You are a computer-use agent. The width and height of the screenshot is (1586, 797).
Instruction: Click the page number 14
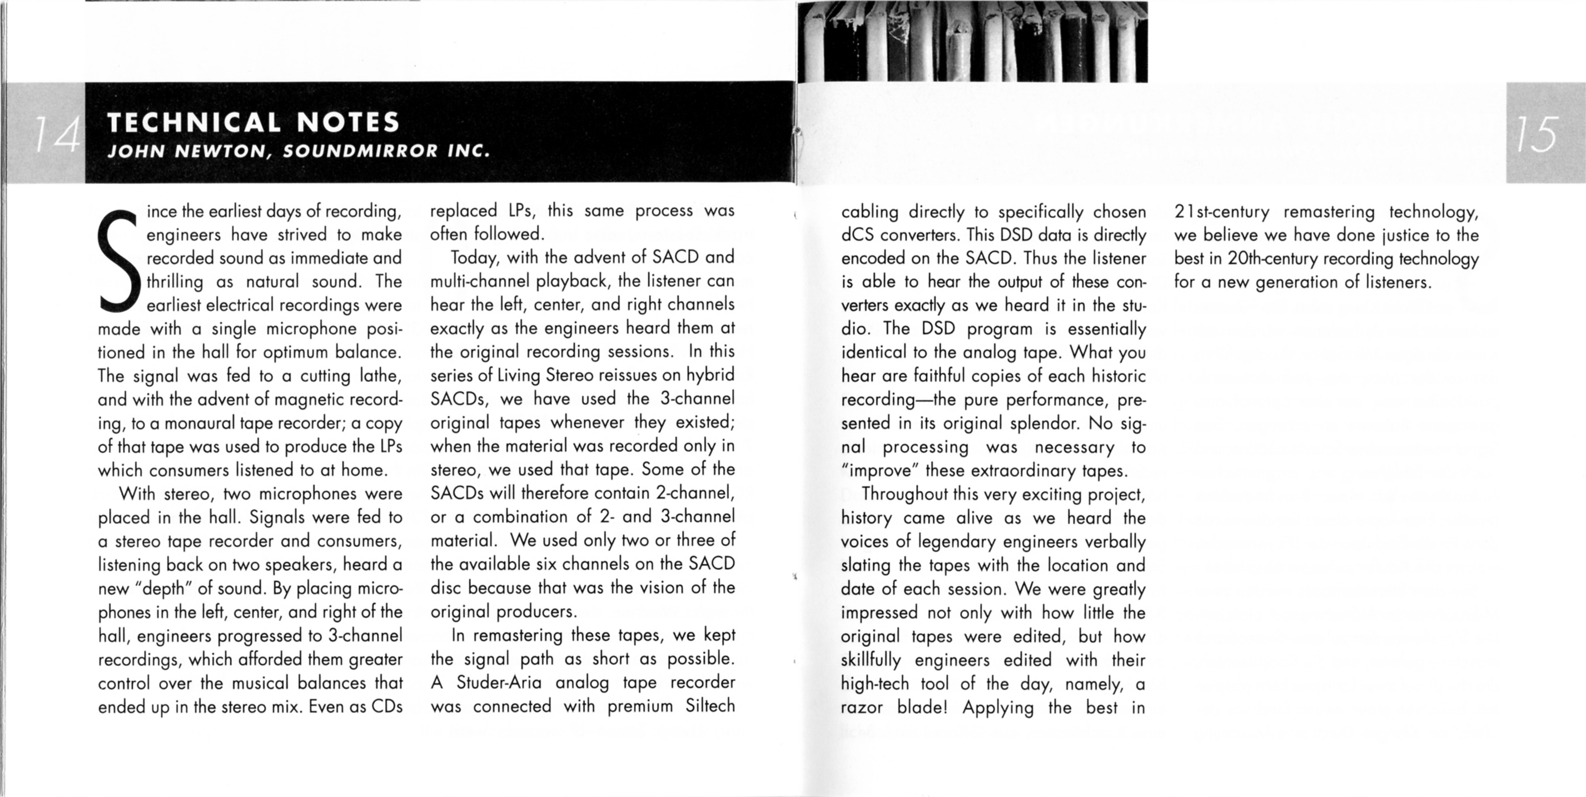[x=57, y=135]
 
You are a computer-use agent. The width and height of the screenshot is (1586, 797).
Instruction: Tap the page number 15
[x=1537, y=135]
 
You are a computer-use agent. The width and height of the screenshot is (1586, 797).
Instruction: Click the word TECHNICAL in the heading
[x=195, y=122]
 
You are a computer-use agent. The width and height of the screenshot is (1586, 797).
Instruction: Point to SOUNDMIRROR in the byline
[x=360, y=151]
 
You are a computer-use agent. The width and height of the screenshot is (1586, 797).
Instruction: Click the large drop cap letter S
[x=118, y=261]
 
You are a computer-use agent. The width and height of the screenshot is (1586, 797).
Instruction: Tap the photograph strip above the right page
[x=972, y=41]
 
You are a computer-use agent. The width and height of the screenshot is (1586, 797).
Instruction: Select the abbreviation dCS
[x=857, y=236]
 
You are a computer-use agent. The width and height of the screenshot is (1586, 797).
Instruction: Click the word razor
[x=861, y=708]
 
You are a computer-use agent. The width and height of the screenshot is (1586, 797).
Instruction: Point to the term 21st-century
[x=1221, y=212]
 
